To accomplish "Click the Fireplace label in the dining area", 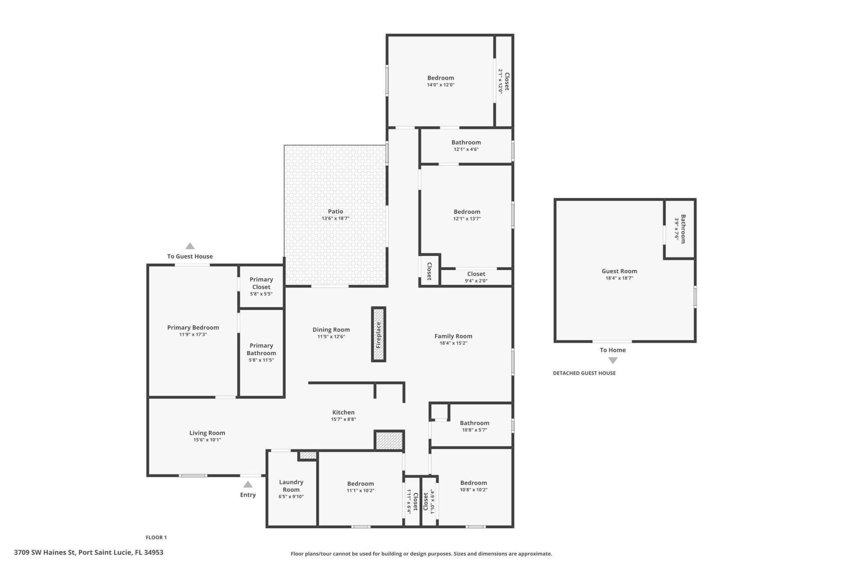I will (378, 335).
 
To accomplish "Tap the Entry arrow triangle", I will (248, 484).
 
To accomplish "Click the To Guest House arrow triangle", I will (190, 246).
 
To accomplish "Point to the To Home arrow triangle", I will (613, 360).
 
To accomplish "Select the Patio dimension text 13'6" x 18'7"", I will (335, 218).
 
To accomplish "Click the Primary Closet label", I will (261, 283).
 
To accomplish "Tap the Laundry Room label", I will (291, 486).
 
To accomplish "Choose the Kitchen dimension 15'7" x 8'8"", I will (343, 419).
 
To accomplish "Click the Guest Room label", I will (619, 271).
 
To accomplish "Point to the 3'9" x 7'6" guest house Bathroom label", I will (680, 229).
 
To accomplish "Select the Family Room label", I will (453, 336).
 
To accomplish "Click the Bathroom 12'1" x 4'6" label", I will (466, 142).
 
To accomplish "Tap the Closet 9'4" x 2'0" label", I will (476, 274).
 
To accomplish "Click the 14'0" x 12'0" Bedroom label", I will (440, 78).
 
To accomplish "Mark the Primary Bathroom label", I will (261, 349).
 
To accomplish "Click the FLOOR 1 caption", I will (156, 537).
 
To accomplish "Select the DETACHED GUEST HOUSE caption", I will (584, 373).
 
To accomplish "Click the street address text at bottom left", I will (89, 552).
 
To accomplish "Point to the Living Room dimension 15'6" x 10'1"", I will (207, 440).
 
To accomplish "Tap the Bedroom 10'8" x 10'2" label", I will (473, 483).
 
